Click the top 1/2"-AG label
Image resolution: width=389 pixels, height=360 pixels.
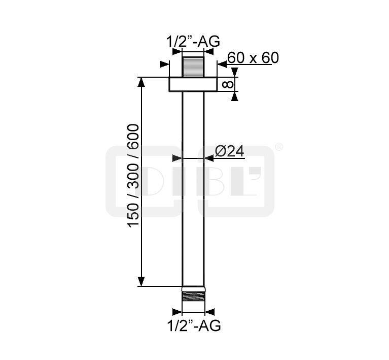(193, 42)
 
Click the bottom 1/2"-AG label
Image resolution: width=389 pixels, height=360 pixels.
(194, 325)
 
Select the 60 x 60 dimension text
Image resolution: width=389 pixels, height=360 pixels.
(253, 58)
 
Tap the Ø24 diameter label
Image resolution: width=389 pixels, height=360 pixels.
(229, 151)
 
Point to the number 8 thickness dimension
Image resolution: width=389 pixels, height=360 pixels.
(228, 84)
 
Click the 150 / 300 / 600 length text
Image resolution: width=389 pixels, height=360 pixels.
(133, 175)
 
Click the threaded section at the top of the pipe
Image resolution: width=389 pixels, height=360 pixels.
(193, 67)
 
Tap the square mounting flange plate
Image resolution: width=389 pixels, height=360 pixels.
(193, 84)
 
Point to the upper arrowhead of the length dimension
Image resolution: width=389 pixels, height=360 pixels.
(141, 82)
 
